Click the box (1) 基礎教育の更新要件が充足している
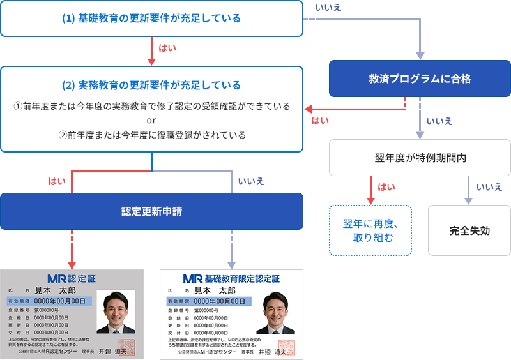coord(151,19)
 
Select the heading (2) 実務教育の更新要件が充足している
coord(151,85)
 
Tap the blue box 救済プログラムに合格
coord(420,79)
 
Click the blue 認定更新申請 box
coord(151,211)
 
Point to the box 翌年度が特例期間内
coord(420,158)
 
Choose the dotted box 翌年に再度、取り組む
coord(370,230)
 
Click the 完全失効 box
coord(469,230)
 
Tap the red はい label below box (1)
coord(167,47)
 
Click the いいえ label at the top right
coord(328,8)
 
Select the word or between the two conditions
coord(151,121)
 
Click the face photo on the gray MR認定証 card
coord(116,311)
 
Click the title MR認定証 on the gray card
coord(72,279)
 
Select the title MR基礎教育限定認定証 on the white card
coord(231,279)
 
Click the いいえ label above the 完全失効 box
coord(489,187)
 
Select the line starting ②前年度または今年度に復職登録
coord(151,135)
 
